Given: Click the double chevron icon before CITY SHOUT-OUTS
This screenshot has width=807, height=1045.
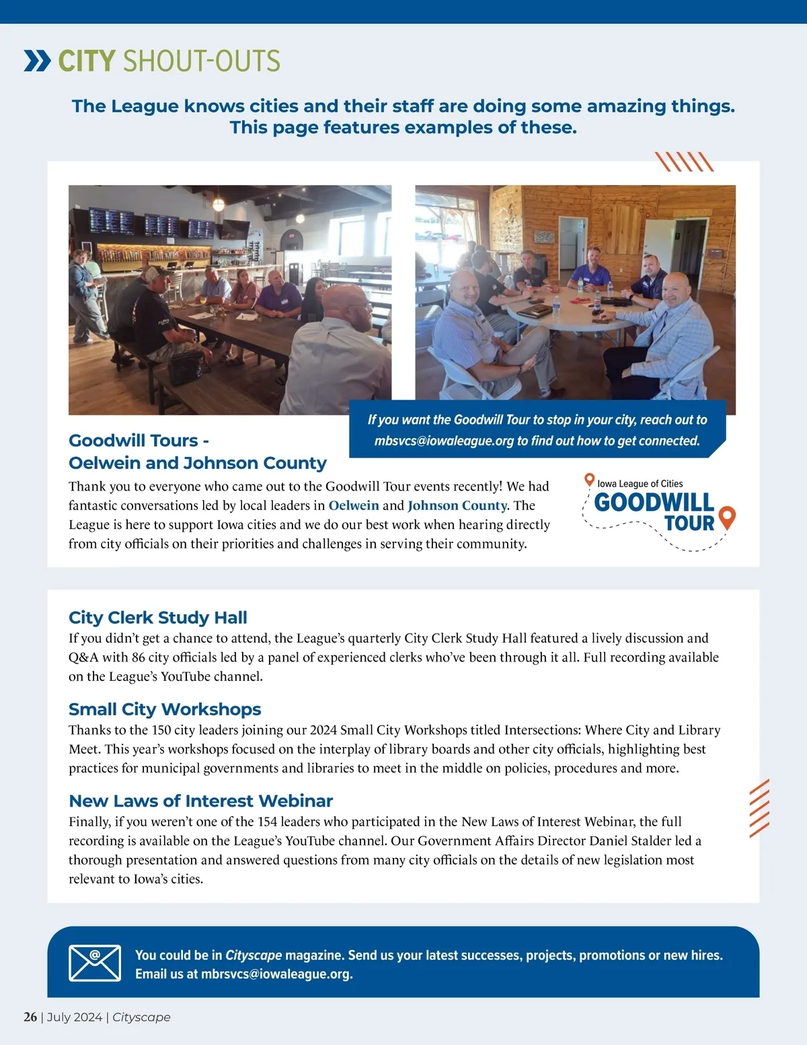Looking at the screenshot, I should (37, 61).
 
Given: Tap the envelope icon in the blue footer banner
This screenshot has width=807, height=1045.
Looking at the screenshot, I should (95, 962).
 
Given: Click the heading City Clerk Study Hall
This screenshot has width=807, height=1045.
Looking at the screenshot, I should (157, 617).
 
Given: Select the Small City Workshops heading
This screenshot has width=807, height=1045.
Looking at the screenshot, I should (165, 709).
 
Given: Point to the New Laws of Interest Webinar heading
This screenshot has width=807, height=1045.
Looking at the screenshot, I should (200, 800).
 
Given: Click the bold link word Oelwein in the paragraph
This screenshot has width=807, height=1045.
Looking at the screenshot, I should (353, 505).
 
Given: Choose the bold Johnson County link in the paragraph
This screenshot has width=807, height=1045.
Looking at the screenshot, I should (457, 505).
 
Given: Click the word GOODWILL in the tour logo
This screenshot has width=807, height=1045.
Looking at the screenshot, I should (654, 502).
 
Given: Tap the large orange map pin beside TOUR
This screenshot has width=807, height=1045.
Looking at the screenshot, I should (727, 517).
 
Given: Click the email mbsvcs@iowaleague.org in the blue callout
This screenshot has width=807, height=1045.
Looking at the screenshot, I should (444, 441).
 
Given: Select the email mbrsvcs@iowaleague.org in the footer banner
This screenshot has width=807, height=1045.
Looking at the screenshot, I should (276, 974).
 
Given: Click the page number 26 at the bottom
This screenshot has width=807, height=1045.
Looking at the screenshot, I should (30, 1017).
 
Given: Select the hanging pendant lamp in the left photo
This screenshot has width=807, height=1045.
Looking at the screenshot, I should (219, 203).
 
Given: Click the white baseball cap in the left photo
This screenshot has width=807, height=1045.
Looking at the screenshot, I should (156, 273).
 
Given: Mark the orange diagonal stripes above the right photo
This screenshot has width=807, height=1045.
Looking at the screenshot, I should (684, 161).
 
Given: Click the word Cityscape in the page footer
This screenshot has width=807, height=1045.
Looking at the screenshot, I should (141, 1017).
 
